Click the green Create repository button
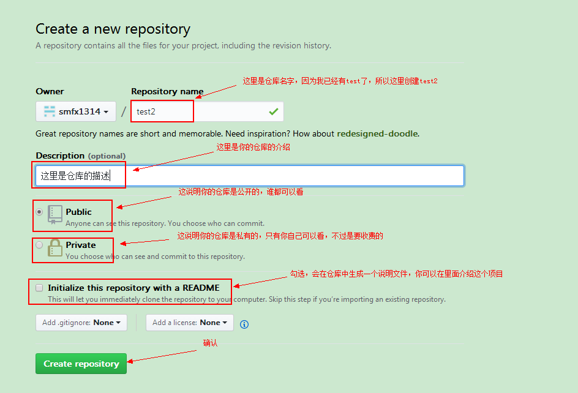(81, 364)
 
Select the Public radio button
(40, 212)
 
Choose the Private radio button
(40, 245)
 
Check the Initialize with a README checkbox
(40, 288)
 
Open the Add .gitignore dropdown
(81, 323)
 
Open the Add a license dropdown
(189, 323)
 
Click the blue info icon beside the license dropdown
(244, 324)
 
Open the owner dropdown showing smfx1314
(76, 111)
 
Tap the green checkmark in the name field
(273, 111)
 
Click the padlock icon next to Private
(55, 247)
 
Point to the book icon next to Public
(55, 214)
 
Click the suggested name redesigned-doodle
(377, 133)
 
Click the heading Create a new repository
(113, 29)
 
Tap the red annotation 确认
(210, 343)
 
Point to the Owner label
(50, 91)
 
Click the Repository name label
(167, 91)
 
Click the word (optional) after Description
(107, 156)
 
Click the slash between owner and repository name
(124, 111)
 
